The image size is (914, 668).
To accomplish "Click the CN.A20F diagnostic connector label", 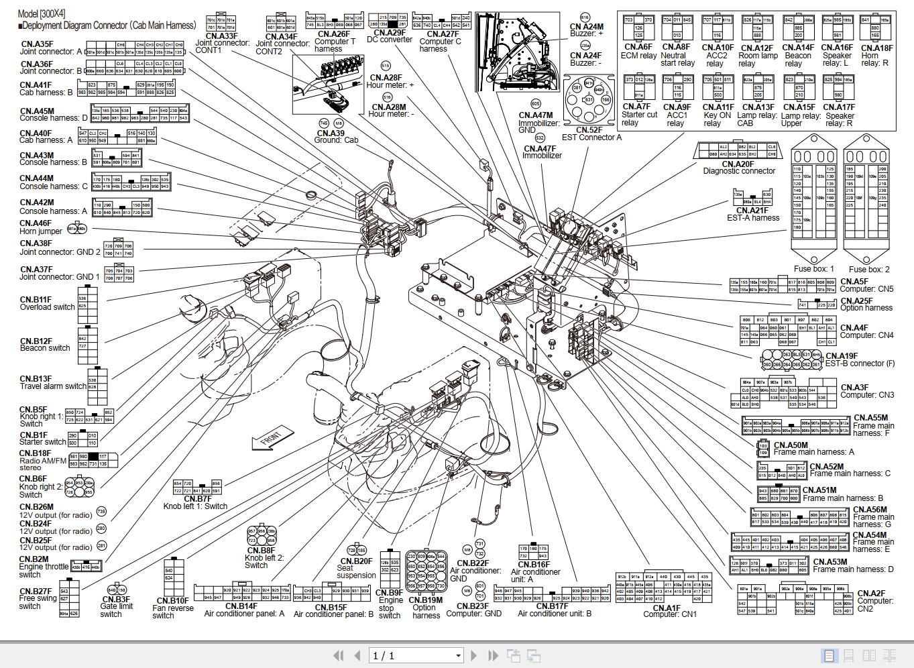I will (738, 168).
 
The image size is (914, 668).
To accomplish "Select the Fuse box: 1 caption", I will (813, 269).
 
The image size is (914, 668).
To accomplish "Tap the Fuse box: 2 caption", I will (869, 269).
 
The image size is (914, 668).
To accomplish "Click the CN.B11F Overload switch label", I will (47, 303).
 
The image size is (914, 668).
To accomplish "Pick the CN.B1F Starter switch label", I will (42, 439).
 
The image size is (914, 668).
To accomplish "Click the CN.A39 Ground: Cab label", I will (336, 137).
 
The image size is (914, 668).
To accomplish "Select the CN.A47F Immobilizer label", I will (541, 152).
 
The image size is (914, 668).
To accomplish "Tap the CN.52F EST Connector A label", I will (591, 134).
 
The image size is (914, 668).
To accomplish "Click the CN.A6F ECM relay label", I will (638, 52).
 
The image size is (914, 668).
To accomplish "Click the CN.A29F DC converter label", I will (390, 36).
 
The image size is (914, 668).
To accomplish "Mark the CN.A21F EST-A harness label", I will (752, 214).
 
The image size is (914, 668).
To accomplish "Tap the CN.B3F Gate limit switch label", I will (116, 606).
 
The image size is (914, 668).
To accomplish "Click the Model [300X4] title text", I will (42, 13).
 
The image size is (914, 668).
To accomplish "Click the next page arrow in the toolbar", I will (474, 655).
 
